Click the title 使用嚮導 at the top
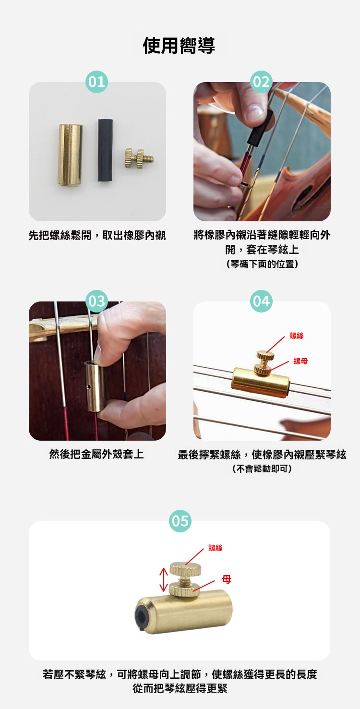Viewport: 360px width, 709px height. (x=179, y=45)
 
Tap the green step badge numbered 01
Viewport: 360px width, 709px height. (x=96, y=82)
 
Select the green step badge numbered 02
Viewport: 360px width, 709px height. (x=261, y=82)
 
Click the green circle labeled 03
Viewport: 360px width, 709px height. (x=96, y=301)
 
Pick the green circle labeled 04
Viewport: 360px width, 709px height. (x=261, y=301)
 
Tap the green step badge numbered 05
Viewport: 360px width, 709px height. (x=180, y=521)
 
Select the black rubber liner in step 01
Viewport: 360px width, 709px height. (x=105, y=150)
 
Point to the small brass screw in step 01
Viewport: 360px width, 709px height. (x=139, y=158)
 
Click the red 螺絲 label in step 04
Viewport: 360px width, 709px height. (x=296, y=336)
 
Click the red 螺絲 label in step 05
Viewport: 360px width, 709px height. (x=216, y=548)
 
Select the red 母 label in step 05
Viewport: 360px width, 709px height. (x=227, y=579)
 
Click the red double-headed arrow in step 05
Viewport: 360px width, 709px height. (x=163, y=579)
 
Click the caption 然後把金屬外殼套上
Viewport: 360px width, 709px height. (x=96, y=455)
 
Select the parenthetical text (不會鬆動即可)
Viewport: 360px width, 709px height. (x=262, y=469)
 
